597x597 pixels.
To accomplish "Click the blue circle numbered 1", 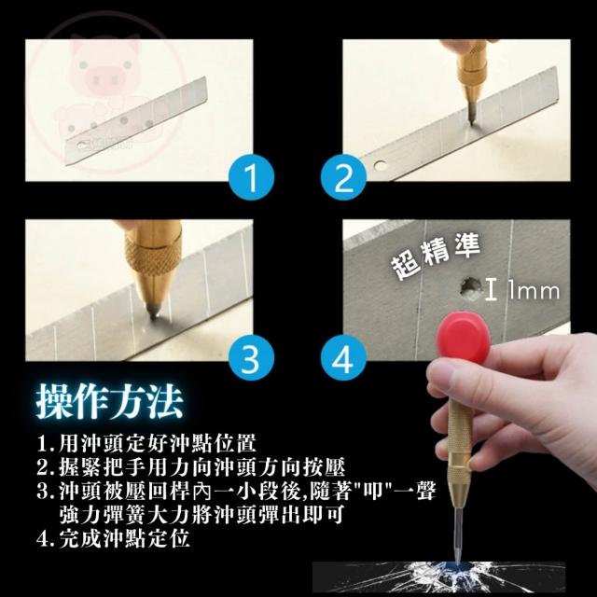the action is pos(251,177).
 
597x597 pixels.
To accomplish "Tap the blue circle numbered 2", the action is pos(343,177).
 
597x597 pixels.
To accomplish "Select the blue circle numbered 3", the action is pos(251,358).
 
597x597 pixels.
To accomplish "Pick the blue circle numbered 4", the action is pos(343,358).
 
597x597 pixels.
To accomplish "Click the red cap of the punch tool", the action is pos(464,334).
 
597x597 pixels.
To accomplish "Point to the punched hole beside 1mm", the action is pos(470,289).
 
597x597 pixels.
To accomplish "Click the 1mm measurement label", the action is pos(534,291).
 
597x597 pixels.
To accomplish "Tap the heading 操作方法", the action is pos(110,401).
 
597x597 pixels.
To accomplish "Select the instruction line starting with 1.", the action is pos(146,443).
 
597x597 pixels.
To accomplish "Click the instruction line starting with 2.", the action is pos(191,466).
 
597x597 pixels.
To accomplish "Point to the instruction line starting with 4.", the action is pos(114,538).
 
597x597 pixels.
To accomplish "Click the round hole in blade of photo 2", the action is pos(380,165).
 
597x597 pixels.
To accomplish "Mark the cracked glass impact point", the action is pos(458,566).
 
